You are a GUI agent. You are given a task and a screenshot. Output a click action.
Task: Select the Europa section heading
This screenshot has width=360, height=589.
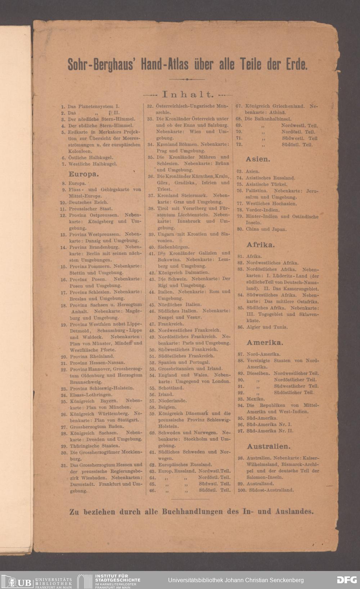tap(84, 174)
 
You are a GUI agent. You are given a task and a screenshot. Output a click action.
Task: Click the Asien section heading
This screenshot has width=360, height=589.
tap(258, 159)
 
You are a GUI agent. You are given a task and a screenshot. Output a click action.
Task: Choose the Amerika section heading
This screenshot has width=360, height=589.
tap(265, 343)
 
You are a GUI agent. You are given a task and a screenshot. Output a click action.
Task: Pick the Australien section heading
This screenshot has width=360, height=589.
tap(268, 447)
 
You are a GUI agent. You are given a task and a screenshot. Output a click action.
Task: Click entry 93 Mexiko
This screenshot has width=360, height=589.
tap(255, 399)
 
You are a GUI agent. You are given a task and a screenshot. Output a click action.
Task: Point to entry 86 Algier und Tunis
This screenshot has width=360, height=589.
tap(267, 327)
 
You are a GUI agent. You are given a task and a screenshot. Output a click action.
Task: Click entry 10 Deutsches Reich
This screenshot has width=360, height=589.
tap(88, 202)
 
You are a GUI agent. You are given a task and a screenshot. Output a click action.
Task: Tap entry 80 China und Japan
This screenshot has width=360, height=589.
tap(266, 229)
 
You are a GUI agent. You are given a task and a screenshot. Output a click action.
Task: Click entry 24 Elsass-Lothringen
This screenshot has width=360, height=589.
tap(91, 395)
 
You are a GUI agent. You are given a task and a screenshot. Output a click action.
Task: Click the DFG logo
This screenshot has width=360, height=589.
tap(347, 580)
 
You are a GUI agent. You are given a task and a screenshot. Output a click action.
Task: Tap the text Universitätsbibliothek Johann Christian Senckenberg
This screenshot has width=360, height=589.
tap(236, 580)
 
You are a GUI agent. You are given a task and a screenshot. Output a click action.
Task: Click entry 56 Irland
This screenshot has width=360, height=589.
tap(166, 394)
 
